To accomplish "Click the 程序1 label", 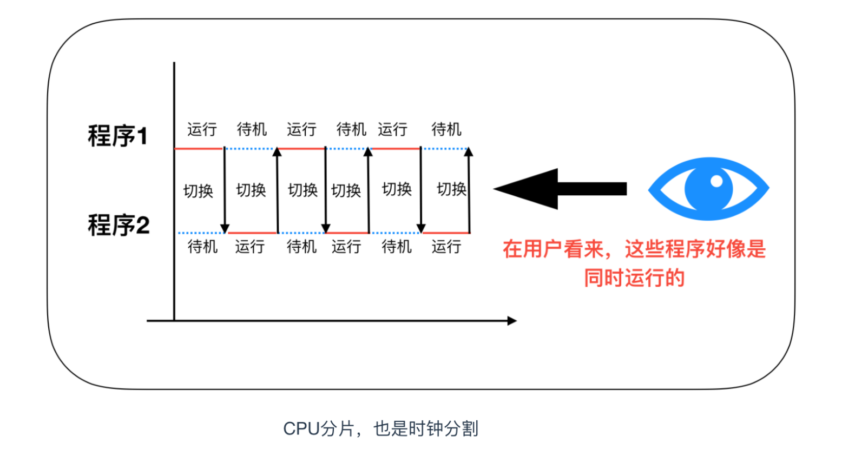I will (x=117, y=135).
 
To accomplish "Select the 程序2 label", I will (x=119, y=225).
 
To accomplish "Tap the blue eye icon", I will (x=708, y=188).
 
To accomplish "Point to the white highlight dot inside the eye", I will (x=716, y=181).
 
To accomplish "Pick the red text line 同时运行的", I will (x=634, y=278).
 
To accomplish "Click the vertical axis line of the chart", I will (x=174, y=189).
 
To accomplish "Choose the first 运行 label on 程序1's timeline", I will (x=202, y=129).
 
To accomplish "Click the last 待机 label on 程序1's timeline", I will (x=446, y=129).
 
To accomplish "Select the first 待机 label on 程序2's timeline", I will (x=202, y=247).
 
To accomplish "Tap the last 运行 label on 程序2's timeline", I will (x=446, y=247).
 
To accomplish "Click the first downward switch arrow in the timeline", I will (x=225, y=189).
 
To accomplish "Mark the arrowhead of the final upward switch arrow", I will (x=469, y=152).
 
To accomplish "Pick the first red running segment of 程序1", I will (x=199, y=148).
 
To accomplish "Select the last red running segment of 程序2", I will (x=446, y=233).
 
